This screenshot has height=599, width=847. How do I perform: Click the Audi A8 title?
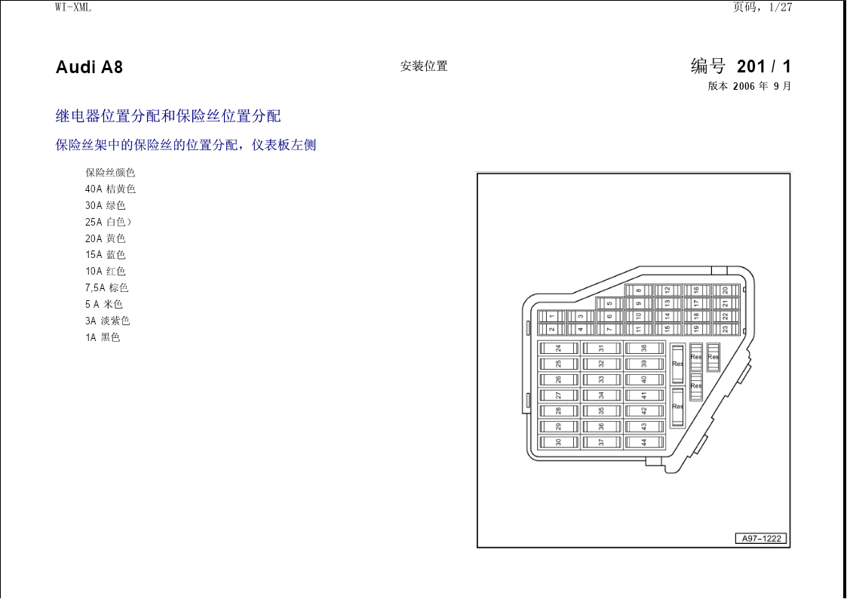pyautogui.click(x=89, y=67)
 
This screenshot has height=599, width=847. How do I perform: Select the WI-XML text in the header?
pyautogui.click(x=73, y=7)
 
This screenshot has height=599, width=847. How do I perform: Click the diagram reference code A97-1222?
pyautogui.click(x=761, y=539)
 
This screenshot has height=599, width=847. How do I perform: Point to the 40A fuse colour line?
pyautogui.click(x=110, y=189)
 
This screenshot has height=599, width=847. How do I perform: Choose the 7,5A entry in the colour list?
pyautogui.click(x=106, y=288)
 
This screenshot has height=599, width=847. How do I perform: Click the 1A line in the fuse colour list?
pyautogui.click(x=102, y=337)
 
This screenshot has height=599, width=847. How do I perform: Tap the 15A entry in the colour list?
pyautogui.click(x=105, y=255)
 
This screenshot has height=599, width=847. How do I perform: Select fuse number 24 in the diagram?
pyautogui.click(x=559, y=349)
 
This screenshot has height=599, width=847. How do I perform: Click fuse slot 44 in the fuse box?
pyautogui.click(x=644, y=442)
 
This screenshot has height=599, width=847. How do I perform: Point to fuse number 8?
pyautogui.click(x=639, y=290)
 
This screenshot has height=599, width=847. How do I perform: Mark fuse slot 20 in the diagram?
pyautogui.click(x=726, y=290)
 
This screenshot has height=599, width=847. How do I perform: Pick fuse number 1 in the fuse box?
pyautogui.click(x=551, y=317)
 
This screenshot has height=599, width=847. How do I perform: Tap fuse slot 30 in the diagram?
pyautogui.click(x=559, y=442)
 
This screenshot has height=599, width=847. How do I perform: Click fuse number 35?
pyautogui.click(x=601, y=411)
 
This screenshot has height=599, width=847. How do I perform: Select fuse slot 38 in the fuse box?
pyautogui.click(x=644, y=349)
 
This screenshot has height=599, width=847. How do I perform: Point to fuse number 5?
pyautogui.click(x=609, y=303)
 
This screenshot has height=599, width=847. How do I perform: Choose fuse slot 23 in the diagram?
pyautogui.click(x=726, y=329)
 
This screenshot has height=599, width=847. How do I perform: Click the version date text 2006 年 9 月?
pyautogui.click(x=763, y=87)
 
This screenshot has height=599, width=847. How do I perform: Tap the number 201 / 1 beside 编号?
pyautogui.click(x=764, y=67)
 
